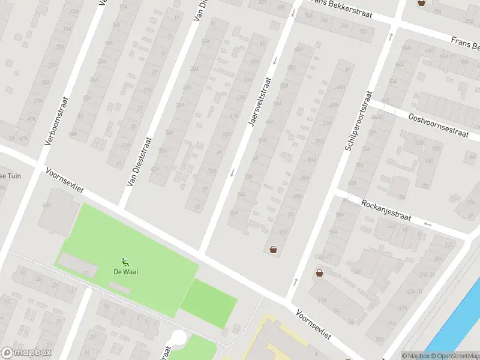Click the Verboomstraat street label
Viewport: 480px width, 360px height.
point(57,121)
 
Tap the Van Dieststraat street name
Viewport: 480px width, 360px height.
point(139,161)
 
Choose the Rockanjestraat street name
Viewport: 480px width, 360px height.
point(386,211)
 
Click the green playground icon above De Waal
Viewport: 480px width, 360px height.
point(124,260)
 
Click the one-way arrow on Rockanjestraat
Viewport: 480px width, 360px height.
point(427,224)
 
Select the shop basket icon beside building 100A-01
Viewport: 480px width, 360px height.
point(319,274)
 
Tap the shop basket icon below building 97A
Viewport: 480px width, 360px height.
point(274,250)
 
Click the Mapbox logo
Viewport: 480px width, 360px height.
point(26,353)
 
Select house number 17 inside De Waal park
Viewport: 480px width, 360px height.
point(86,274)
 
